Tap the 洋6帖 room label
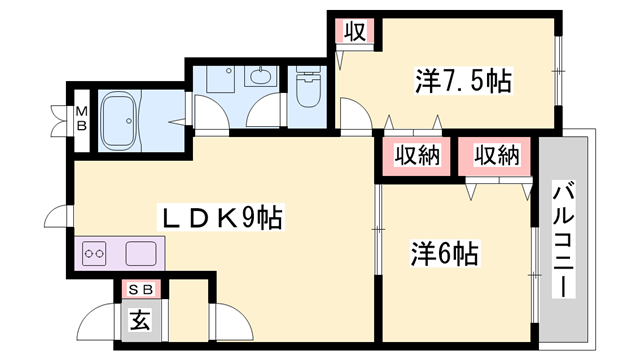click(x=444, y=254)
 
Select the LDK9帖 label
click(x=222, y=217)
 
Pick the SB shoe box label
click(x=139, y=289)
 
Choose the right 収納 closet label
click(x=497, y=155)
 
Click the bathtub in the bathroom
click(x=125, y=120)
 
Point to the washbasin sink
click(x=263, y=78)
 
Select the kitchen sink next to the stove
click(x=138, y=254)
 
